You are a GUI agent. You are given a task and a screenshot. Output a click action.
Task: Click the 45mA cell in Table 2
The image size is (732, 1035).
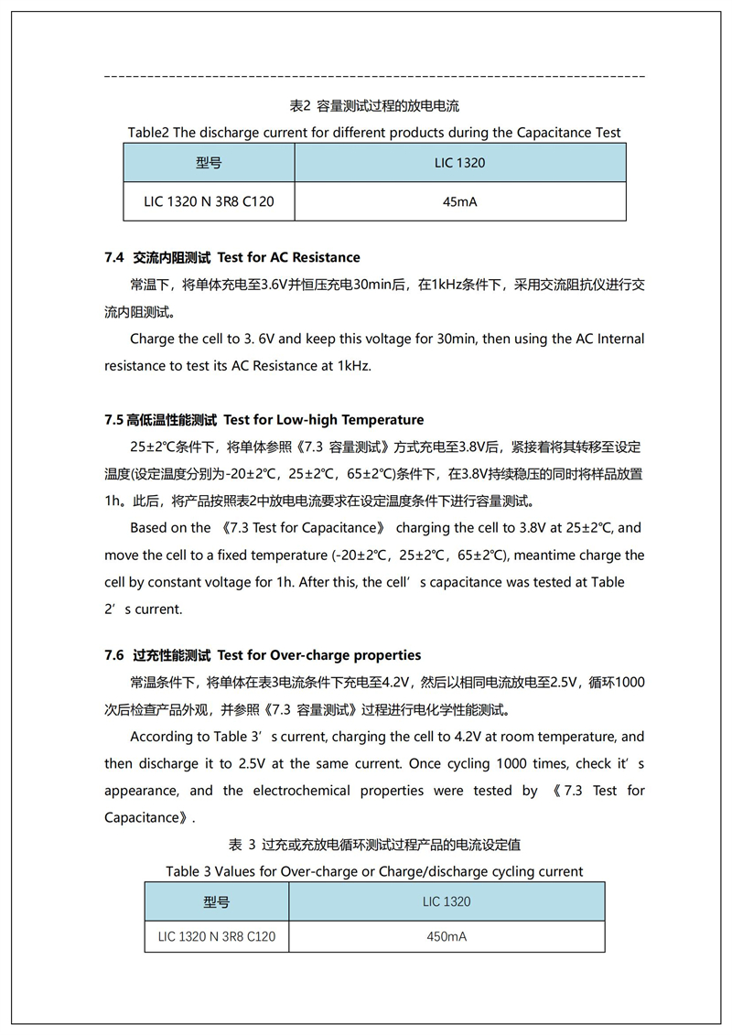[x=459, y=201]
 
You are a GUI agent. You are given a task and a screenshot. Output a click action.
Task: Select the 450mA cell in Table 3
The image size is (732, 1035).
[x=447, y=936]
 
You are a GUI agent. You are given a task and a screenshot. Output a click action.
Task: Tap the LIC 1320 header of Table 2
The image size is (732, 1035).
[x=459, y=163]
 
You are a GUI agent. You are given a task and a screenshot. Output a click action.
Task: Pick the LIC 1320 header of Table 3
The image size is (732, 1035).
[x=447, y=901]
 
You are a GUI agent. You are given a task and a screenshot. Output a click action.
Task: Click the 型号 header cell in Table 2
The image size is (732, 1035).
[x=209, y=163]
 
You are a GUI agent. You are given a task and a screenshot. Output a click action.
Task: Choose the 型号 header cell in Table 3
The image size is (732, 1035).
[x=217, y=901]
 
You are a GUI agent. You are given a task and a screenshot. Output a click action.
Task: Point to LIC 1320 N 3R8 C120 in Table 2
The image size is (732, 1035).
[x=209, y=201]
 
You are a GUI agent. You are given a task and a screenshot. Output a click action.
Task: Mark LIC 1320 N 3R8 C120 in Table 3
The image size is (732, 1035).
[x=217, y=936]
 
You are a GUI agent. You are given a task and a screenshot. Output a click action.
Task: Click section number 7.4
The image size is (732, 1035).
[x=114, y=257]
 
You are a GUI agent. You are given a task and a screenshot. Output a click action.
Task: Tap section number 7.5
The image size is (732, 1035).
[x=113, y=420]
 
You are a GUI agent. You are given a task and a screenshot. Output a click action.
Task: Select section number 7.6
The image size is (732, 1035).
[x=114, y=655]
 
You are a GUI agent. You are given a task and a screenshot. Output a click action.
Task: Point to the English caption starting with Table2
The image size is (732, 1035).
[x=373, y=133]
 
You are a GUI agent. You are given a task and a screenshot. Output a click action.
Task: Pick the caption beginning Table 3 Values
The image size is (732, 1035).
[x=373, y=871]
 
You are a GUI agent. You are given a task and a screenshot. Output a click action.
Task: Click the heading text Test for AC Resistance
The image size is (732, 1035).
[x=288, y=257]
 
